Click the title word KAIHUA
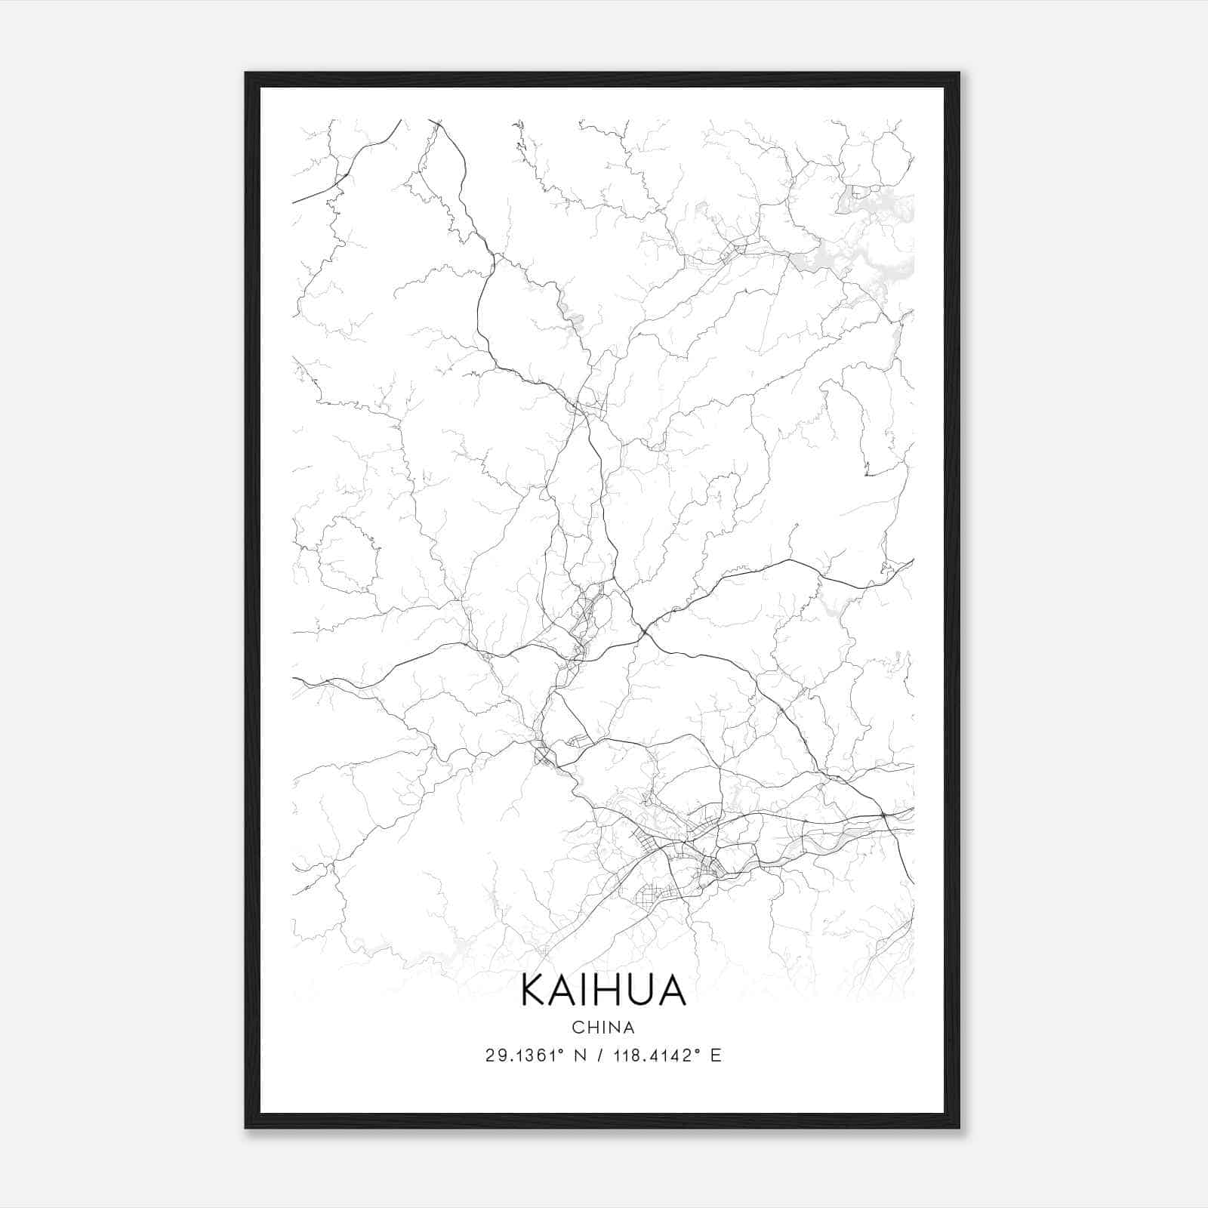tap(603, 991)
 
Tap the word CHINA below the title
tap(603, 1028)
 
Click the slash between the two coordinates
tap(601, 1055)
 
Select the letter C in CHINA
tap(578, 1028)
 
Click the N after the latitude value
tap(581, 1055)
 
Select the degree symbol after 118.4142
tap(696, 1050)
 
